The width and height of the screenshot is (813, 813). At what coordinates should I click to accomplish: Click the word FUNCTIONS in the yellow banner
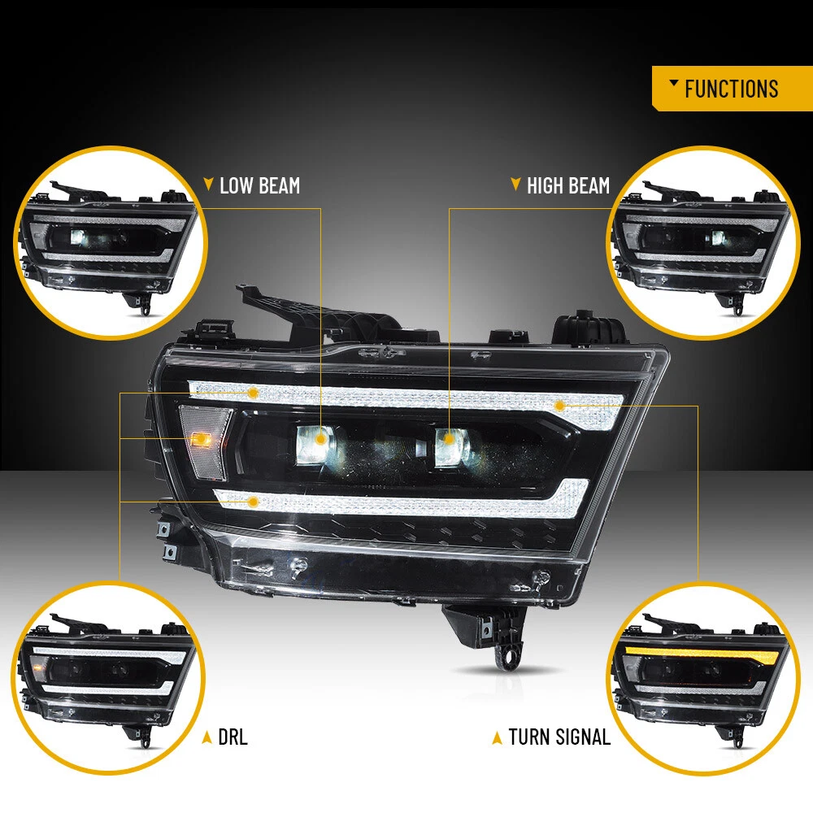click(x=731, y=89)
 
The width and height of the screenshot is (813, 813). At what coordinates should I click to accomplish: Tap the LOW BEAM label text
click(x=260, y=185)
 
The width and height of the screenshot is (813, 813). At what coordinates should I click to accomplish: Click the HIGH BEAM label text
click(x=568, y=185)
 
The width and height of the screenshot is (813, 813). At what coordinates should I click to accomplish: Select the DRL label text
click(x=233, y=737)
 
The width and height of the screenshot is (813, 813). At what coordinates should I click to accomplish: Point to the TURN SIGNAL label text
click(x=559, y=737)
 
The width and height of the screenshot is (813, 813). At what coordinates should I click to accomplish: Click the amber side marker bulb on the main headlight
click(x=200, y=440)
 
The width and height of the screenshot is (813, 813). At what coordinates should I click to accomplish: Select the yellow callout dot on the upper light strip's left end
click(x=253, y=393)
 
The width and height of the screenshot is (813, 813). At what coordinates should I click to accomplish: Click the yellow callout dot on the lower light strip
click(x=253, y=502)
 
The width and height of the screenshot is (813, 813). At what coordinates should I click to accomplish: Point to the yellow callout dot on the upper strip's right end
click(x=559, y=406)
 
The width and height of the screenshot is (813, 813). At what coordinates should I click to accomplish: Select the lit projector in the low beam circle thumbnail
click(x=80, y=237)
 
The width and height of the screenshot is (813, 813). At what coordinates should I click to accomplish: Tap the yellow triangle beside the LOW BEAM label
click(x=208, y=184)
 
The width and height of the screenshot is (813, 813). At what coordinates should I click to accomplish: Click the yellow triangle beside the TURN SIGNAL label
click(x=497, y=738)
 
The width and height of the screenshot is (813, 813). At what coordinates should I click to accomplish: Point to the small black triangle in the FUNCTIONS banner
click(x=673, y=83)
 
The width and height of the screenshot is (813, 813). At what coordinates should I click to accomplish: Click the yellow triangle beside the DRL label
click(x=207, y=737)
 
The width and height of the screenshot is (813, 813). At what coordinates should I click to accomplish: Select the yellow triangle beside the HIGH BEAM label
click(x=515, y=184)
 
